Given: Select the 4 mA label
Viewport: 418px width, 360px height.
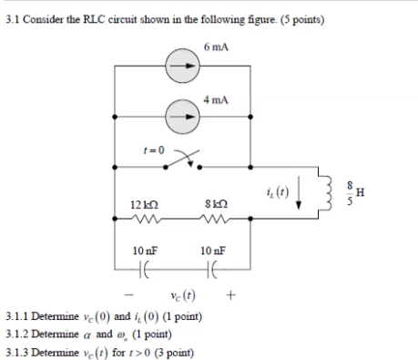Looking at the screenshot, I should tap(217, 97).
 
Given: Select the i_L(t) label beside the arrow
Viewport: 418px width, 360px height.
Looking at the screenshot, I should tap(274, 191).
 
